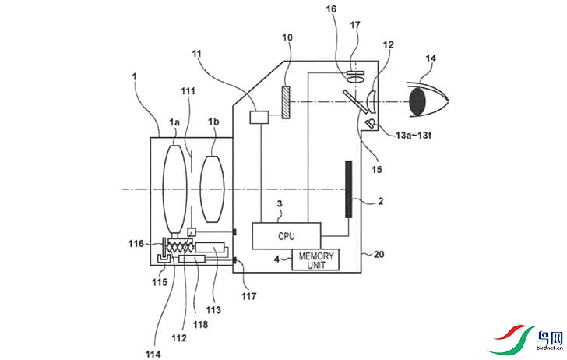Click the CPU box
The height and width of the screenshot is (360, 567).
pyautogui.click(x=286, y=236)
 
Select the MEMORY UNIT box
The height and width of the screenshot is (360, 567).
pyautogui.click(x=315, y=259)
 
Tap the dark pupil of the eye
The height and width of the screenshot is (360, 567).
pyautogui.click(x=417, y=102)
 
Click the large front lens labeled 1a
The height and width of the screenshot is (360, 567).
pyautogui.click(x=175, y=189)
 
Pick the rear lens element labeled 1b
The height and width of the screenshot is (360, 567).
pyautogui.click(x=213, y=189)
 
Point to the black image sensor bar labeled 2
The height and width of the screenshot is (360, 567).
pyautogui.click(x=349, y=189)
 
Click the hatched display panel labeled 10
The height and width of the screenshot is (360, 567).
pyautogui.click(x=286, y=102)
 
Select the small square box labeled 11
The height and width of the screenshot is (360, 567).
pyautogui.click(x=259, y=117)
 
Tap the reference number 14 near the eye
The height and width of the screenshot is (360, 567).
pyautogui.click(x=431, y=58)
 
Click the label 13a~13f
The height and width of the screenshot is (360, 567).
pyautogui.click(x=414, y=136)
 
